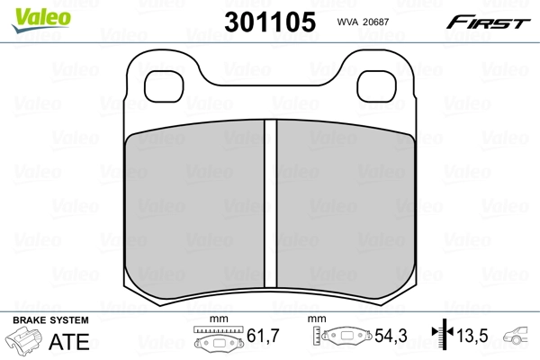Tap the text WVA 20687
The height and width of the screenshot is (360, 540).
(360, 22)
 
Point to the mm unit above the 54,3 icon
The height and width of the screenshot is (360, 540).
(315, 320)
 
